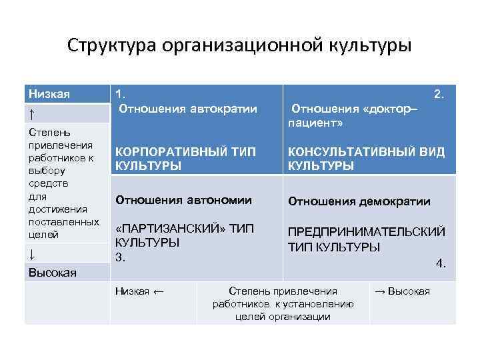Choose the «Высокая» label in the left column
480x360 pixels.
52,272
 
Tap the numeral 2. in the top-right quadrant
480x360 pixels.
439,95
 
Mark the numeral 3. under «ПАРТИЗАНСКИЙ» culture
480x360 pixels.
121,257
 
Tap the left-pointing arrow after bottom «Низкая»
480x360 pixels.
159,291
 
